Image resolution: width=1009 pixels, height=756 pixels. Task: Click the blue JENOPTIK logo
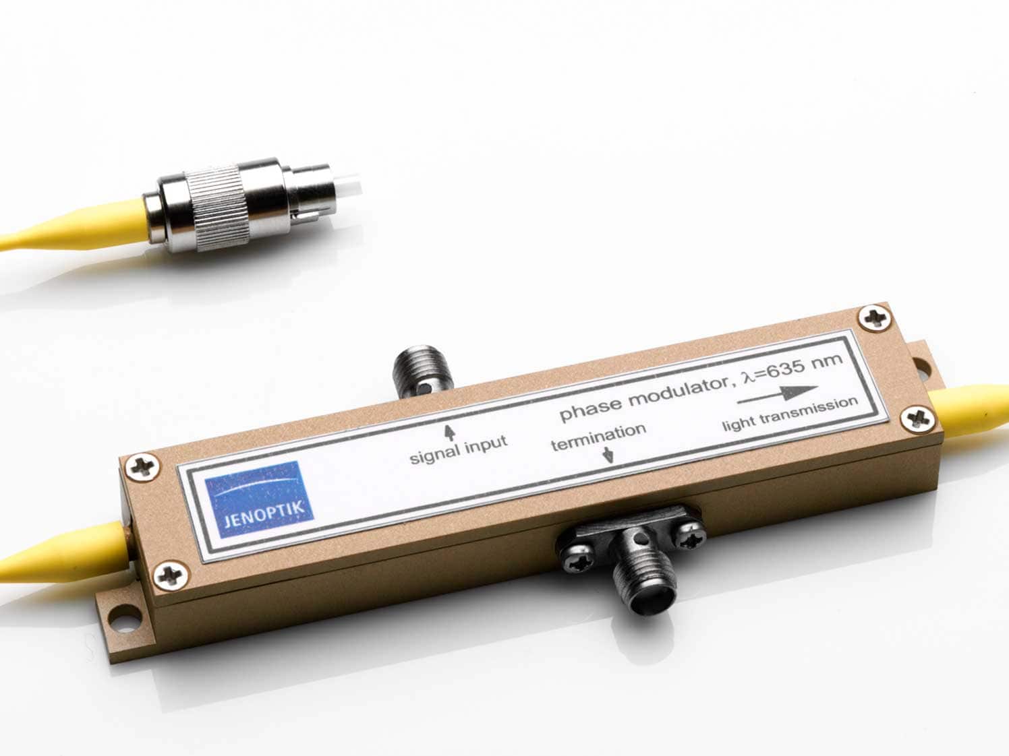(259, 499)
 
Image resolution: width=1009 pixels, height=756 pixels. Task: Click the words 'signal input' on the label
(459, 451)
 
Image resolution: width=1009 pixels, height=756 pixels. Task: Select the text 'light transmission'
(790, 414)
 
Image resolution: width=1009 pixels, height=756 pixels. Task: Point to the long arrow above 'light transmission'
(778, 395)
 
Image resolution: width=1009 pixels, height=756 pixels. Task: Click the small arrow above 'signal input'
(450, 433)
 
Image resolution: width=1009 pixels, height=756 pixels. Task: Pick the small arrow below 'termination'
(608, 455)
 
